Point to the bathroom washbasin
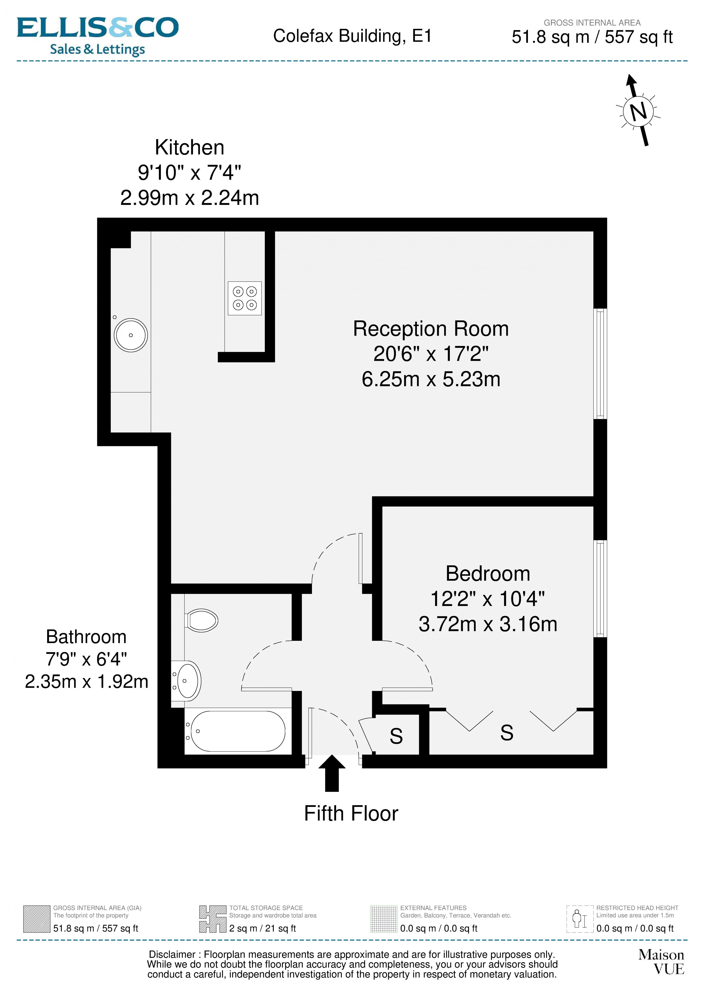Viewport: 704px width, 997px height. coord(187,680)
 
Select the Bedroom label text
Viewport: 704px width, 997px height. coord(488,574)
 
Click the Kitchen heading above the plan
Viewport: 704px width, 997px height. coord(190,148)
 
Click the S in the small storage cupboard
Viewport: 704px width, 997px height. coord(396,736)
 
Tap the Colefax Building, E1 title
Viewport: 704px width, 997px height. coord(352,36)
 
